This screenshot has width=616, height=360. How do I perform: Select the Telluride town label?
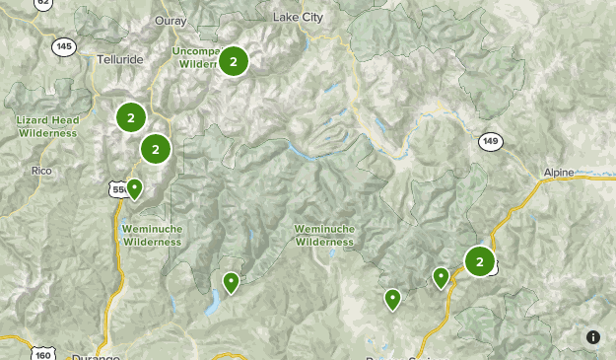click(x=121, y=59)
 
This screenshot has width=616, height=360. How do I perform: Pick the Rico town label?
click(x=40, y=170)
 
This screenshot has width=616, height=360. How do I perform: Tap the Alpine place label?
click(x=558, y=173)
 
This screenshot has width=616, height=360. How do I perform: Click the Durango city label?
click(x=97, y=356)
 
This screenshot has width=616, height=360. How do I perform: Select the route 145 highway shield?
click(x=65, y=46)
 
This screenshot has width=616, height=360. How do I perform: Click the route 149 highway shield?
click(x=490, y=142)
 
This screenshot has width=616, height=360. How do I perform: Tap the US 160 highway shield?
click(x=41, y=353)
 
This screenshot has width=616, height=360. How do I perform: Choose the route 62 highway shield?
click(x=43, y=4)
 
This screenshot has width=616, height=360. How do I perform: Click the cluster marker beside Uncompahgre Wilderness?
click(x=234, y=61)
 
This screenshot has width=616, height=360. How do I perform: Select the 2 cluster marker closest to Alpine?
click(x=480, y=261)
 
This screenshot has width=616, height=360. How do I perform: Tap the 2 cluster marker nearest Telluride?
click(x=131, y=117)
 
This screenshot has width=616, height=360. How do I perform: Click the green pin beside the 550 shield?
click(x=135, y=187)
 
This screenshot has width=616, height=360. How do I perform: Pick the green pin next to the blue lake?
click(x=231, y=282)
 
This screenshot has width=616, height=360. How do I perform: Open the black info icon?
click(x=593, y=337)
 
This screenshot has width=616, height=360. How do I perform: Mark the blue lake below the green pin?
click(x=211, y=304)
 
